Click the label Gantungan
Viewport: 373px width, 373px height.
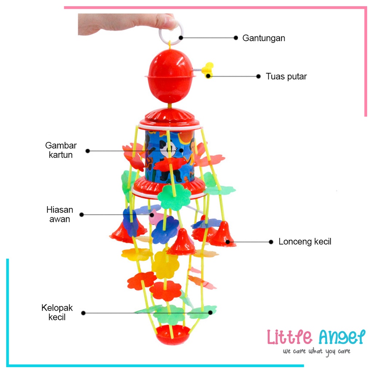(264, 38)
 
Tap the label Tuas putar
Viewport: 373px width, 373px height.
(286, 76)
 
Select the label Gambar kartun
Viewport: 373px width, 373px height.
(61, 150)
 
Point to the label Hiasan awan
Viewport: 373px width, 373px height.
(60, 214)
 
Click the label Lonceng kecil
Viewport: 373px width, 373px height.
(305, 242)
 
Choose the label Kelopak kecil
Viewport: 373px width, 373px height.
(57, 313)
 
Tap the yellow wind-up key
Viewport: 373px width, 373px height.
(207, 70)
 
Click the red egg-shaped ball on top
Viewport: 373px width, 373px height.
(170, 76)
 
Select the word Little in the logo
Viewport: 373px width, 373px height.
(289, 337)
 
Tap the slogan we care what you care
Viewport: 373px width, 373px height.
(317, 352)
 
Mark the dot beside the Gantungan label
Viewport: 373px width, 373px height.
(236, 38)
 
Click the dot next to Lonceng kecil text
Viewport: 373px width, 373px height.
(271, 242)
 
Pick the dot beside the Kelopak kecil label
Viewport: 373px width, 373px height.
(83, 313)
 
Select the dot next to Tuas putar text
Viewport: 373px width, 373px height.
(259, 76)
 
